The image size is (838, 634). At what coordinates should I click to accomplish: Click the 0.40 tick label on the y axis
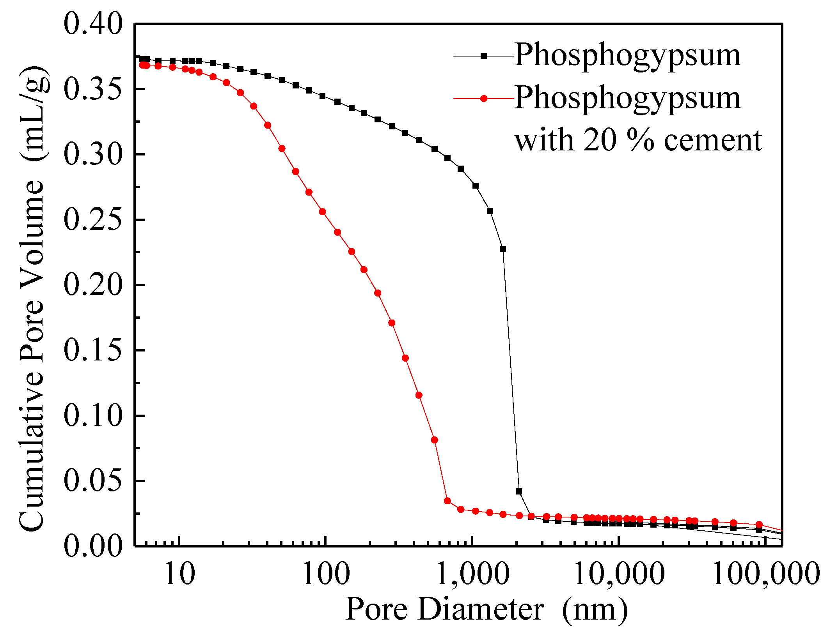[x=93, y=24]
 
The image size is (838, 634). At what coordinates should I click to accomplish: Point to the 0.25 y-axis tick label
[x=93, y=220]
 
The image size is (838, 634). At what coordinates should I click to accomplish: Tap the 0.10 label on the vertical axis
[x=93, y=416]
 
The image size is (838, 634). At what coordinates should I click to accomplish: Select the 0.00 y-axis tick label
[x=93, y=546]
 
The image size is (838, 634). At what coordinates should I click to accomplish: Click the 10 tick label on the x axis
[x=179, y=574]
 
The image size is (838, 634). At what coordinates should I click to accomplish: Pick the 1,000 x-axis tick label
[x=472, y=574]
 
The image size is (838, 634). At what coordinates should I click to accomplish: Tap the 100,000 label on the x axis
[x=766, y=574]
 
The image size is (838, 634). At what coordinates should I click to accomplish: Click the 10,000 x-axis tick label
[x=619, y=574]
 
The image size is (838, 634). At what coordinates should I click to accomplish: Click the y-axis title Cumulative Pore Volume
[x=32, y=296]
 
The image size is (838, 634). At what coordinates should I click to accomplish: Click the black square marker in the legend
[x=484, y=56]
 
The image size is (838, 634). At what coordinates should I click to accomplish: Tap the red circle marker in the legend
[x=484, y=99]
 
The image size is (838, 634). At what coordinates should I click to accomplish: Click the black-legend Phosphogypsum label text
[x=627, y=55]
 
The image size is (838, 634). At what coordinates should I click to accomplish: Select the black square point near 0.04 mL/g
[x=519, y=491]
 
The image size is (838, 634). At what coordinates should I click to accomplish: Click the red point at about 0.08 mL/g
[x=434, y=440]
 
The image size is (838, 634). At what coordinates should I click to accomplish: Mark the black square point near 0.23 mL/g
[x=503, y=249]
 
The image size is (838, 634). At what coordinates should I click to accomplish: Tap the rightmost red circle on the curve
[x=759, y=525]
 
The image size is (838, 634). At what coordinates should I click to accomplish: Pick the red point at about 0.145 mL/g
[x=405, y=358]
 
